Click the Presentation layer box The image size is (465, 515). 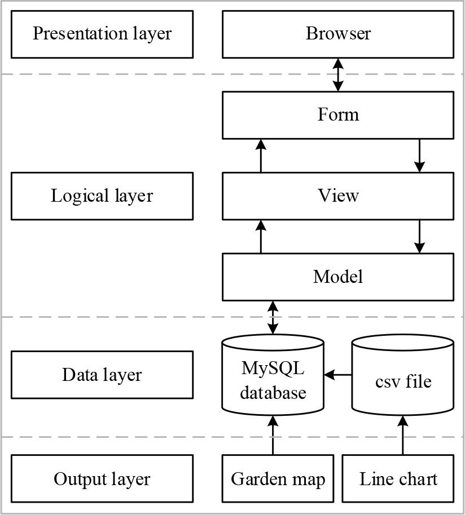click(102, 34)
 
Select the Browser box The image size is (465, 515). click(337, 34)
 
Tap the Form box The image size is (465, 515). click(337, 115)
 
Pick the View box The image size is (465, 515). click(337, 196)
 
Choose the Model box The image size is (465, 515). click(337, 277)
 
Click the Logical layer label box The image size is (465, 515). click(102, 196)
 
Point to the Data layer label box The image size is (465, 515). click(102, 375)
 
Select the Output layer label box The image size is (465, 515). click(102, 479)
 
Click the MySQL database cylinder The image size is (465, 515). click(273, 375)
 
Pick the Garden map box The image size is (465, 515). click(278, 479)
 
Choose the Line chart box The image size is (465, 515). click(398, 479)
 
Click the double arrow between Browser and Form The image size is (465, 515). click(337, 74)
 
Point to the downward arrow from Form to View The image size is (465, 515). click(419, 156)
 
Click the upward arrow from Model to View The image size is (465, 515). click(261, 236)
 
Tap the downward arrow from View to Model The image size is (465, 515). click(419, 236)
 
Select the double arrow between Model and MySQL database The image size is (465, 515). click(273, 318)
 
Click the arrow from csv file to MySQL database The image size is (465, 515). click(338, 374)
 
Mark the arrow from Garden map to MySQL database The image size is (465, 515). click(273, 435)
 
